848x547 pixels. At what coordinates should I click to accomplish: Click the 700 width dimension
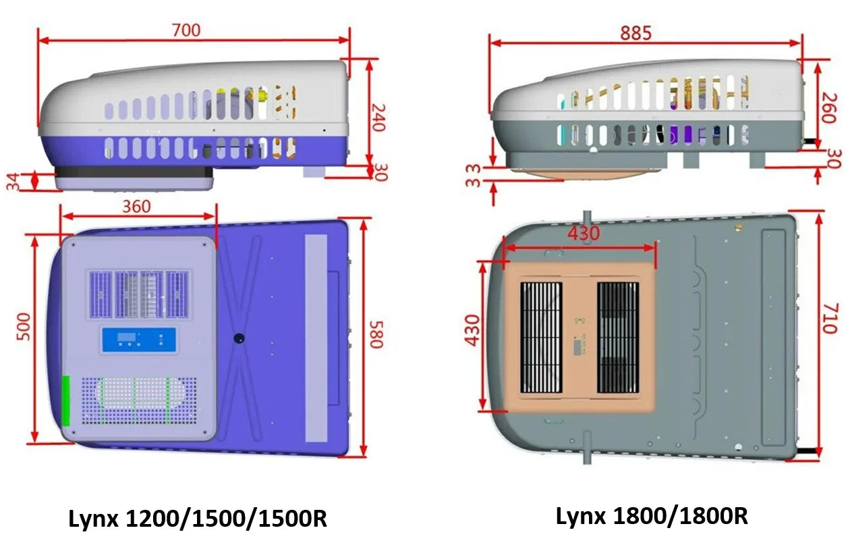[x=186, y=30]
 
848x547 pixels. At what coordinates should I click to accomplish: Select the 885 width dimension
[x=636, y=33]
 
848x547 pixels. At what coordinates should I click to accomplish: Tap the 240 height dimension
[x=377, y=118]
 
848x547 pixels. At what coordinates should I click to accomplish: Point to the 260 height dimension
[x=829, y=108]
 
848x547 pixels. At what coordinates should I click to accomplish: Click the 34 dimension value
[x=13, y=182]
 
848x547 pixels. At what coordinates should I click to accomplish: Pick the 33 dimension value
[x=473, y=176]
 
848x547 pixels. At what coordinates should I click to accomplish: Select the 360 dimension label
[x=137, y=207]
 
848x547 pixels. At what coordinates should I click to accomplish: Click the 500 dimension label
[x=24, y=327]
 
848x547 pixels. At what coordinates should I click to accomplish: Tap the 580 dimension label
[x=376, y=334]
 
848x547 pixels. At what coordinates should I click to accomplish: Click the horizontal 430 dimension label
[x=584, y=233]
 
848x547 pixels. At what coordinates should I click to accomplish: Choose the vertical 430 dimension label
[x=472, y=330]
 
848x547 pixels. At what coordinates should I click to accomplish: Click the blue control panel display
[x=139, y=340]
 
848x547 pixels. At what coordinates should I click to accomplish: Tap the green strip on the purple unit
[x=66, y=400]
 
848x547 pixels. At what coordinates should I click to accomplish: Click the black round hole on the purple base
[x=239, y=338]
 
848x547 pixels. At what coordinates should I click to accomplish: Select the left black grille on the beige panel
[x=541, y=338]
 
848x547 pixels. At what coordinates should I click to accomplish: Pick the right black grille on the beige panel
[x=618, y=338]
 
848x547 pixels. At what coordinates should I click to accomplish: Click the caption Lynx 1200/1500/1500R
[x=198, y=519]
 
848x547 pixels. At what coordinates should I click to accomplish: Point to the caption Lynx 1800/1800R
[x=652, y=517]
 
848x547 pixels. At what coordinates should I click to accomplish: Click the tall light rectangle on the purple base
[x=316, y=338]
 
